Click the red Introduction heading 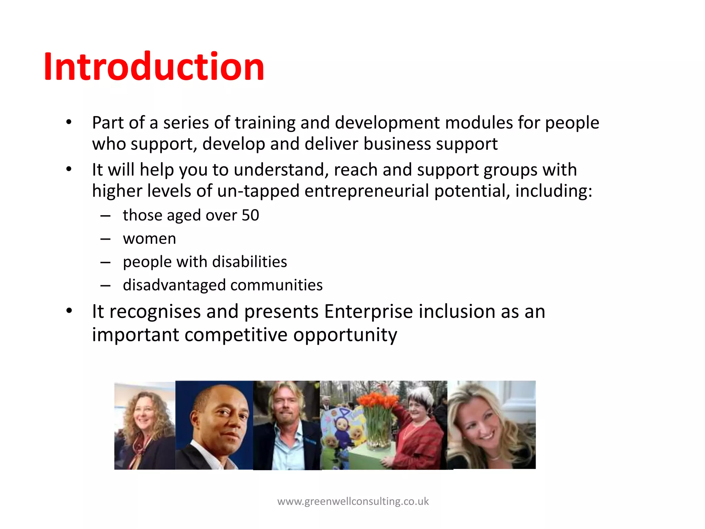pos(154,66)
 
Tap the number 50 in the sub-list pos(250,215)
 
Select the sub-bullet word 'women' pos(149,239)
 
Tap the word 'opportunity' pos(345,335)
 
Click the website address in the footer pos(353,501)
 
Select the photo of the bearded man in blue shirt pos(286,425)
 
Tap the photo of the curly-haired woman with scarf pos(145,426)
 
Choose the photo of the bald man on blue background pos(214,425)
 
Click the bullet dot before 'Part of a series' pos(69,122)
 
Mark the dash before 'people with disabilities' pos(105,262)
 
